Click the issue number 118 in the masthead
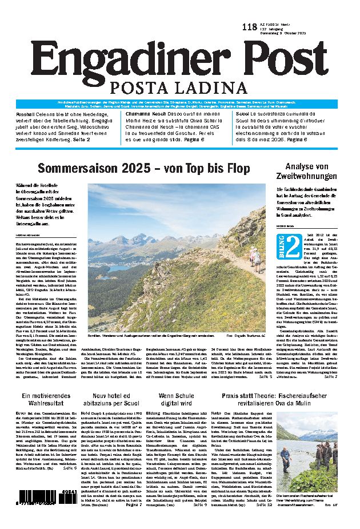(x=249, y=27)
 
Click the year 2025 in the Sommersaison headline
(x=131, y=168)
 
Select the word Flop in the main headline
(x=235, y=168)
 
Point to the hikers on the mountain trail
(x=256, y=261)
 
